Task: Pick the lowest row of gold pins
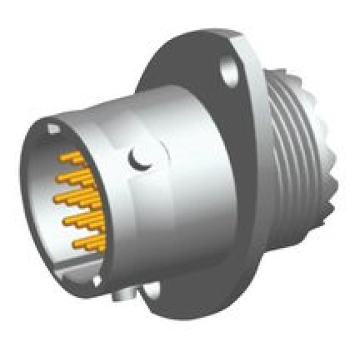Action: pos(89,243)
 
